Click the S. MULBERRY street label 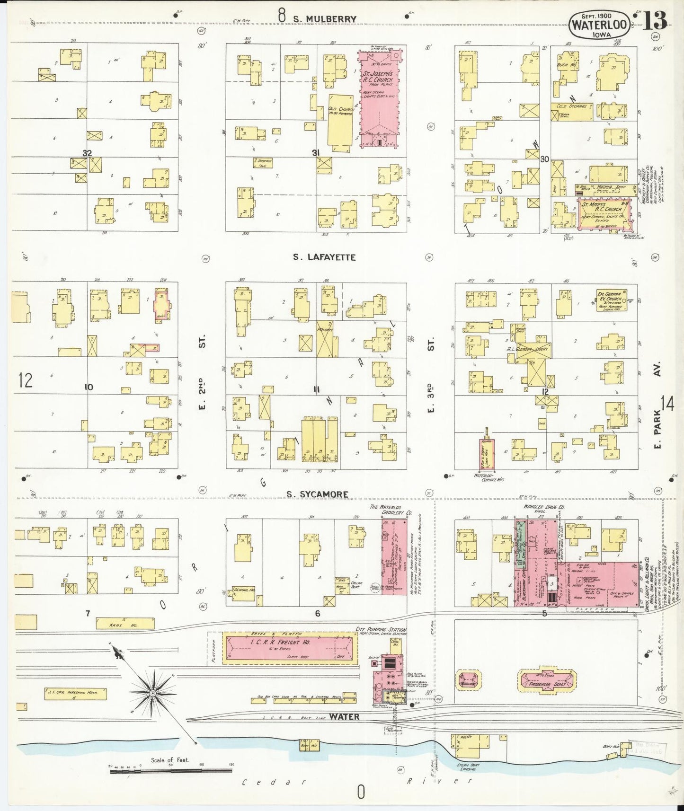tap(324, 19)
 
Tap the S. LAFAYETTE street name tap(324, 257)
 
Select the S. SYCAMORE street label tap(317, 494)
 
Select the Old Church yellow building tap(340, 120)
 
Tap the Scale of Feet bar tap(171, 771)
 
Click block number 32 tap(87, 153)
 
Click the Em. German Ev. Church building tap(612, 300)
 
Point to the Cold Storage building tap(571, 110)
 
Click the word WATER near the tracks tap(344, 716)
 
